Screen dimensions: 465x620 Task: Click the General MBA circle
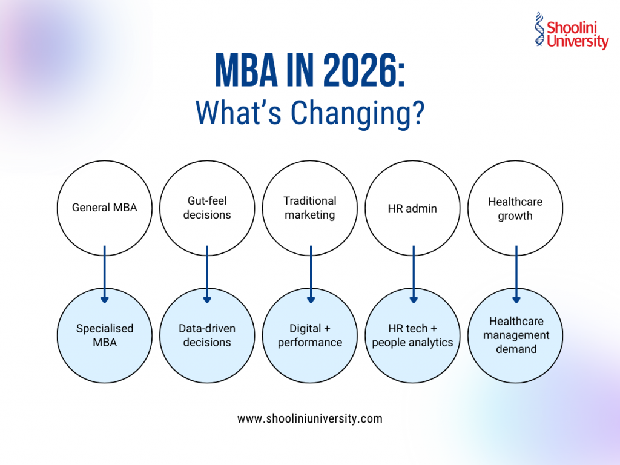pyautogui.click(x=105, y=208)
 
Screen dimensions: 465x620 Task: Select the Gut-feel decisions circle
pyautogui.click(x=207, y=208)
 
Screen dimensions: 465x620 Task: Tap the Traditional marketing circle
pyautogui.click(x=310, y=208)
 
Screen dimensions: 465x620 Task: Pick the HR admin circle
pyautogui.click(x=412, y=208)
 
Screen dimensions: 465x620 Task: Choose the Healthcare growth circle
pyautogui.click(x=515, y=208)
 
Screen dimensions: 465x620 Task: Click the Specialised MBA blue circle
pyautogui.click(x=105, y=335)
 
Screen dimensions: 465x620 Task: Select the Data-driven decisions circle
pyautogui.click(x=207, y=335)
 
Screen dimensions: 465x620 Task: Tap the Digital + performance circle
pyautogui.click(x=310, y=335)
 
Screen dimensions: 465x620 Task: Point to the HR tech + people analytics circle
pyautogui.click(x=412, y=335)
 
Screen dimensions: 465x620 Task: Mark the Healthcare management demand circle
pyautogui.click(x=515, y=335)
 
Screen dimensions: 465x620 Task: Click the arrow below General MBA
pyautogui.click(x=105, y=272)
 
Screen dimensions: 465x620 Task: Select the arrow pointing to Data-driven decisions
pyautogui.click(x=207, y=272)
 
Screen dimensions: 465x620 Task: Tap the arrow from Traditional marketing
pyautogui.click(x=311, y=272)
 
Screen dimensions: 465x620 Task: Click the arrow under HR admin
pyautogui.click(x=414, y=272)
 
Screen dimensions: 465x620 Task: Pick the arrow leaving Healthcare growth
pyautogui.click(x=516, y=272)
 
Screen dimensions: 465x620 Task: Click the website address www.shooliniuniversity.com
pyautogui.click(x=309, y=418)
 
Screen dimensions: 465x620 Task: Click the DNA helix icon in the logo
pyautogui.click(x=539, y=29)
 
